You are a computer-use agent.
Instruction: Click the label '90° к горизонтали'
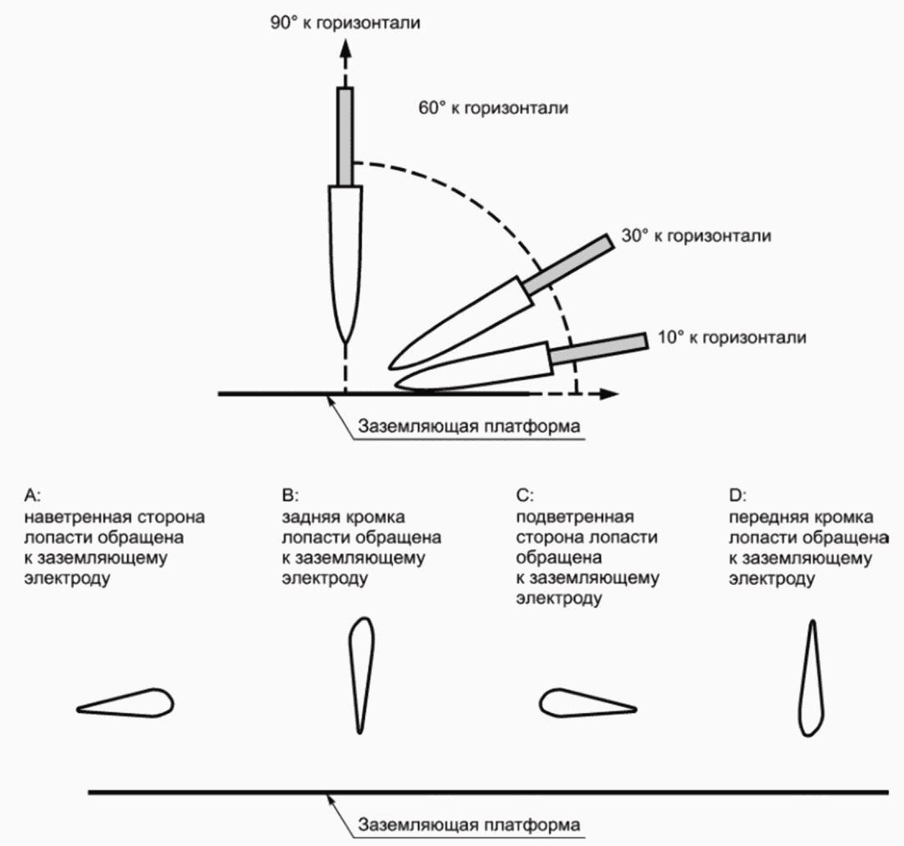coord(345,22)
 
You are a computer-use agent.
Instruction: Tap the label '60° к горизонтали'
coord(494,107)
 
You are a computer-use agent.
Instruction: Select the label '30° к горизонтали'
coord(696,236)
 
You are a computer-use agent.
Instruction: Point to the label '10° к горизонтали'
coord(732,337)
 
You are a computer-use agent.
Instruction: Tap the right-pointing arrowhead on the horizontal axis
coord(610,394)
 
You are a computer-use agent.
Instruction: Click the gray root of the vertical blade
coord(345,137)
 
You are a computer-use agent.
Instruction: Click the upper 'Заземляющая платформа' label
coord(468,426)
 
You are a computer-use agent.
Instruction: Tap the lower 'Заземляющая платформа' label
coord(468,825)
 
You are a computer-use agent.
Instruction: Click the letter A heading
coord(32,496)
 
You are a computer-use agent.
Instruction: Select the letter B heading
coord(290,496)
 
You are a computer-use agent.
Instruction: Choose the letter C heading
coord(525,496)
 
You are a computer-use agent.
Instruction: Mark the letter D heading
coord(737,496)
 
